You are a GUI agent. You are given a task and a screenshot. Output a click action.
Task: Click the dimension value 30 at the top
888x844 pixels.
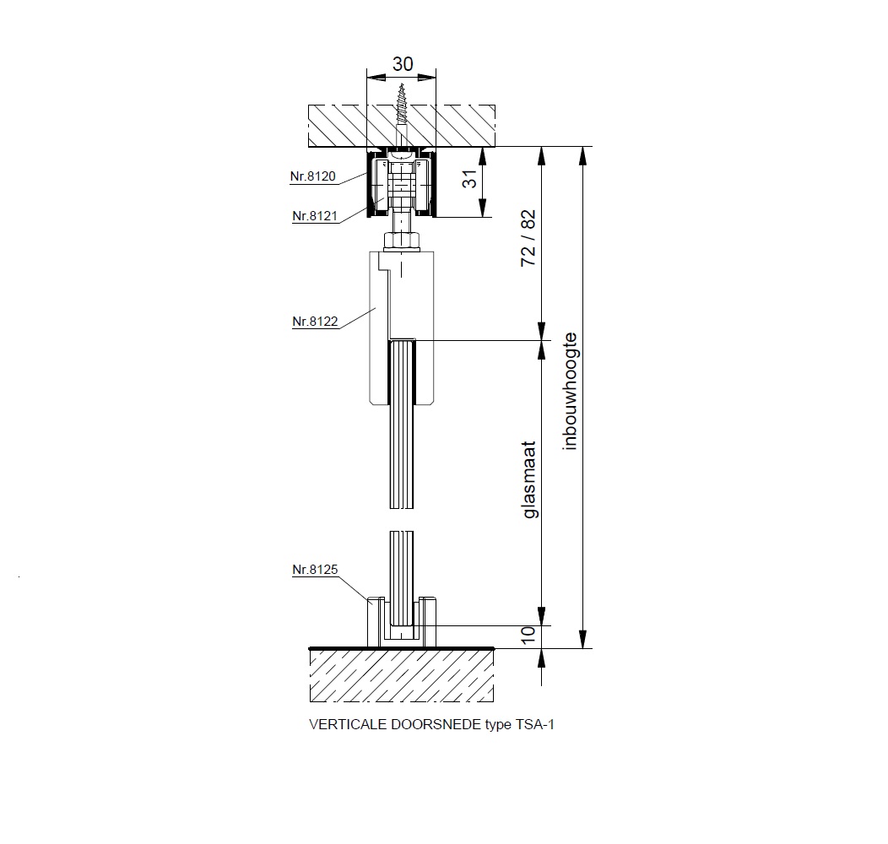402,64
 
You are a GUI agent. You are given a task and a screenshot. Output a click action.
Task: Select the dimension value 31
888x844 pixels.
470,179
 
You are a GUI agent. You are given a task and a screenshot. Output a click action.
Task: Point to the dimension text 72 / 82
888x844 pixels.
528,238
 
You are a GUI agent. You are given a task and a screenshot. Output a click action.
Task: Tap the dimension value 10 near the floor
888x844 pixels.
528,635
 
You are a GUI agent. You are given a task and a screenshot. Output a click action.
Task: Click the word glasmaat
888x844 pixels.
529,479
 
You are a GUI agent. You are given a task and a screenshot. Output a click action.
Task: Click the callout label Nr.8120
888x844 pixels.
312,176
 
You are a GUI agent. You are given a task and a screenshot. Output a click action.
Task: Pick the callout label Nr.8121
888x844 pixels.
315,216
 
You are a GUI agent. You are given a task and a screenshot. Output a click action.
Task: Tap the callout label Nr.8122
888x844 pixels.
315,322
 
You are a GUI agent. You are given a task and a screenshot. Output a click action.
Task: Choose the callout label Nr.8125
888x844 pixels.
315,570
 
